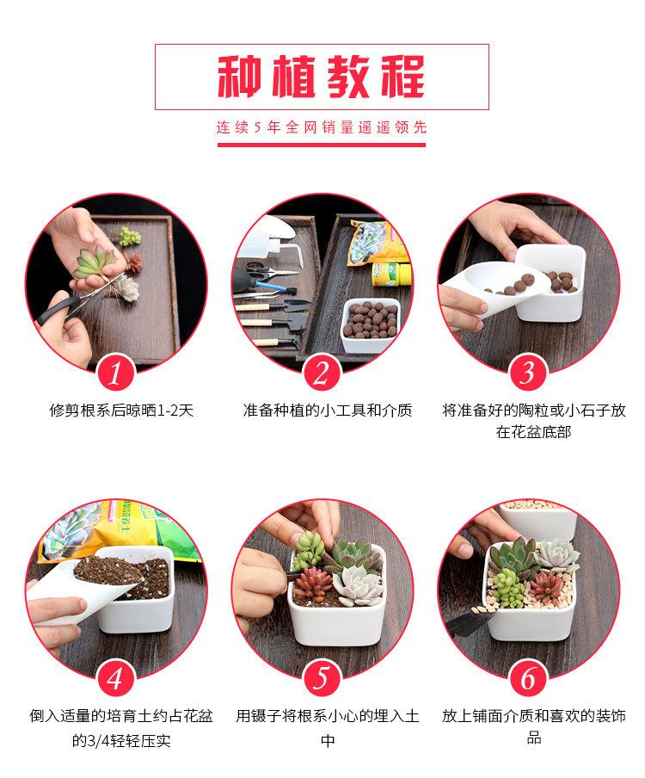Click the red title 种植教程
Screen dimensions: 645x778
click(322, 77)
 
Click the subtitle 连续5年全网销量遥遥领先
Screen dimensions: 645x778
click(322, 127)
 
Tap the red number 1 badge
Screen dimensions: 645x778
click(116, 374)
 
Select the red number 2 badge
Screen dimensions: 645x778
click(322, 374)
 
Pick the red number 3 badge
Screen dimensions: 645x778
click(528, 374)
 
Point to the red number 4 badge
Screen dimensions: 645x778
click(116, 678)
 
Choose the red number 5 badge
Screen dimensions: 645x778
click(322, 678)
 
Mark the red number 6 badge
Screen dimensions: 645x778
click(528, 678)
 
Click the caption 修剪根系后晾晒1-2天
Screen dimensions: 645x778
click(121, 411)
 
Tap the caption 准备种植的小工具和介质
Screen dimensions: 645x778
click(327, 411)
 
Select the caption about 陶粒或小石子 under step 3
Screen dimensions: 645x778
click(534, 421)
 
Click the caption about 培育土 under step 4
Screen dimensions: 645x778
click(121, 728)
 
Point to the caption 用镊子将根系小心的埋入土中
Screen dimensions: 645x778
click(327, 728)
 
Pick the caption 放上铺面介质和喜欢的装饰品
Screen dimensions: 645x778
click(534, 726)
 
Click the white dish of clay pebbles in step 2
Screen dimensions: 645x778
click(370, 324)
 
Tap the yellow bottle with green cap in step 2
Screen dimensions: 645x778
click(391, 275)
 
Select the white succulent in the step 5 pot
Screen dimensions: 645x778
click(357, 584)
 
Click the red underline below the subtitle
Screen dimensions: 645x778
click(322, 145)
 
